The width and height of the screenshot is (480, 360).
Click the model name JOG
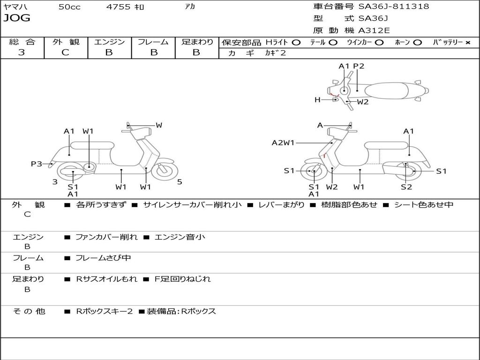pos(17,18)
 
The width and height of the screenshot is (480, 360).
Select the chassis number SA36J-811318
pos(393,7)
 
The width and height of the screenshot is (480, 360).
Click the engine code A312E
pos(374,31)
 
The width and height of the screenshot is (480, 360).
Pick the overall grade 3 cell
pos(22,52)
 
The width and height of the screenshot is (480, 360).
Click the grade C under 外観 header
pos(66,52)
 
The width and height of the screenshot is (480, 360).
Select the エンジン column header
pos(109,42)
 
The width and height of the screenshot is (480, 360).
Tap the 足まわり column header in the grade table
pos(197,42)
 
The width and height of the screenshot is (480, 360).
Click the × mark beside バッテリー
pos(467,43)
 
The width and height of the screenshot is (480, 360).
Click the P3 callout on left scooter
pos(37,164)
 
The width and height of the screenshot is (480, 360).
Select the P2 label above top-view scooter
pos(359,66)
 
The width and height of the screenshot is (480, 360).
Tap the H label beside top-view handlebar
pos(317,99)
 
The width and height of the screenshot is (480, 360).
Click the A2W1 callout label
pos(283,143)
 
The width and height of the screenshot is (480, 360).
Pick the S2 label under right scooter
pos(406,187)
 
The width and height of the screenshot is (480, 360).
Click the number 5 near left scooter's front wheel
pos(180,182)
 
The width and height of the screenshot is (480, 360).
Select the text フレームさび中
pos(103,258)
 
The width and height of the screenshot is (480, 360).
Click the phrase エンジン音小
pos(180,237)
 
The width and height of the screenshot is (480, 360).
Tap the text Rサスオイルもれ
pos(107,279)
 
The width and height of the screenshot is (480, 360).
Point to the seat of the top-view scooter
pos(388,90)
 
